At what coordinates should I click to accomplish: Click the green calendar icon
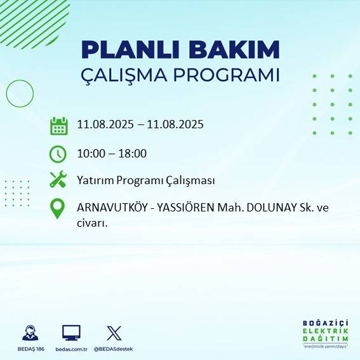pos(58,126)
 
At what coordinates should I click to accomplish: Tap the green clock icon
pos(58,154)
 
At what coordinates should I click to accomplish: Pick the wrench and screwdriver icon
pos(58,180)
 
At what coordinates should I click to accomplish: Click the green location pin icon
pos(58,209)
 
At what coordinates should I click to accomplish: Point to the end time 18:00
pos(133,153)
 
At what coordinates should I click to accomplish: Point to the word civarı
pos(91,223)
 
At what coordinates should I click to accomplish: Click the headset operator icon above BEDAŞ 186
pos(29,333)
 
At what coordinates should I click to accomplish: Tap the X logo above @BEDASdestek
pos(114,333)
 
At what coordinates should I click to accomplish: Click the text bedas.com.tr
pos(71,349)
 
